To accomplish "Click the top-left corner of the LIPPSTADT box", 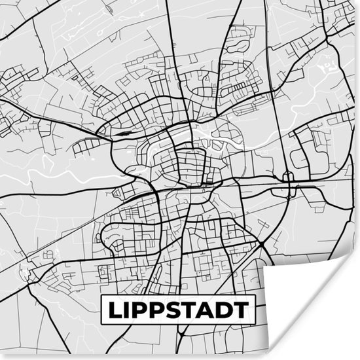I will pos(101,296).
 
